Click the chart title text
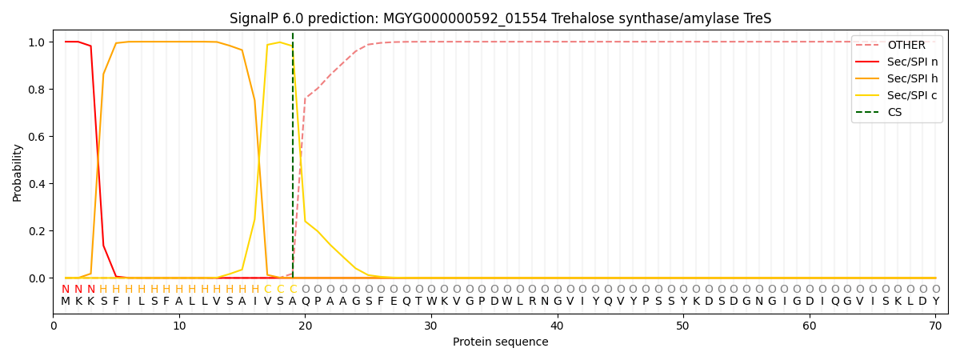pos(500,18)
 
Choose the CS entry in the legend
pos(894,112)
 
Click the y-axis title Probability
pos(18,172)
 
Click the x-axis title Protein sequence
pos(500,342)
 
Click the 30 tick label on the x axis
pos(431,326)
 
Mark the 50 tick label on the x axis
pos(683,326)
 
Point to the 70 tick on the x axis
pos(935,326)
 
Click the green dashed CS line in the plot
pos(293,160)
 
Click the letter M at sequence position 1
pos(66,301)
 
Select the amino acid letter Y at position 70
pos(935,301)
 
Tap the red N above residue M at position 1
pos(66,289)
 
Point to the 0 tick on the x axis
pos(54,326)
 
